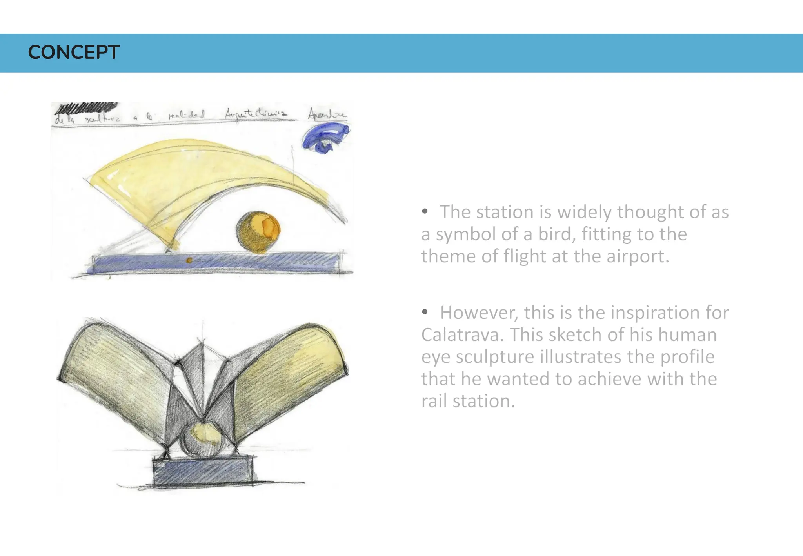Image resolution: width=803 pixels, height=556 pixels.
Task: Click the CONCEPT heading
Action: point(74,53)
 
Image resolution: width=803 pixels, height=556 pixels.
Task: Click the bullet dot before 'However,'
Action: point(425,312)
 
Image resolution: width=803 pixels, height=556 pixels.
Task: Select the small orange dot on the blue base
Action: point(189,260)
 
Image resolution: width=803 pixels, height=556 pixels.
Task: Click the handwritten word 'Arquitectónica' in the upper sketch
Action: point(256,114)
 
